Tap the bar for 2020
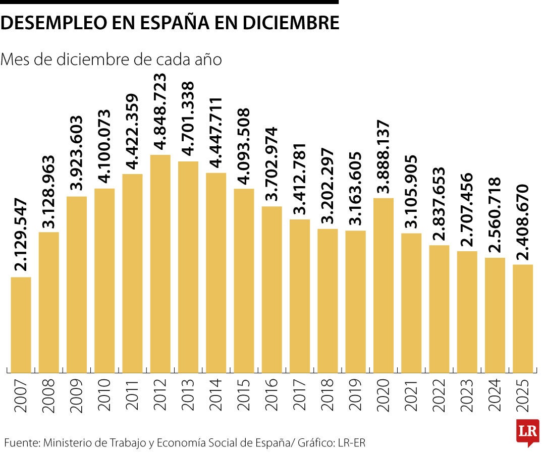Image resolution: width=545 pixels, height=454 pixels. [x=384, y=285]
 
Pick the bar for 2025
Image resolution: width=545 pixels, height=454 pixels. [x=523, y=318]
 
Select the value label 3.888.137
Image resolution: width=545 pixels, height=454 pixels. [x=384, y=156]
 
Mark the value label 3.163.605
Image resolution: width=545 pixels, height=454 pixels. [x=356, y=188]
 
